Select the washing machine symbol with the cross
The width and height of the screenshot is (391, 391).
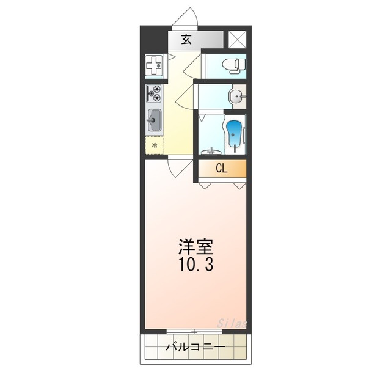(154, 64)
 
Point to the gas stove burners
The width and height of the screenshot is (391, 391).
(155, 93)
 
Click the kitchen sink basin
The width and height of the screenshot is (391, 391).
(154, 120)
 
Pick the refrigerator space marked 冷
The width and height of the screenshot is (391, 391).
(154, 145)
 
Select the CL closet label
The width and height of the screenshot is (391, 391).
(221, 168)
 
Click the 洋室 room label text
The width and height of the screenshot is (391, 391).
(195, 247)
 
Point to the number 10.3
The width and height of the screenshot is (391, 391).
(195, 266)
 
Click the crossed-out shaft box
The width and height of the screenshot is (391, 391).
(236, 39)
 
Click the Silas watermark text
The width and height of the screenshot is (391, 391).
(232, 323)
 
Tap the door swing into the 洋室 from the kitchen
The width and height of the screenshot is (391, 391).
(178, 167)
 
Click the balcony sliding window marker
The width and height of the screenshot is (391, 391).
(194, 332)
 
